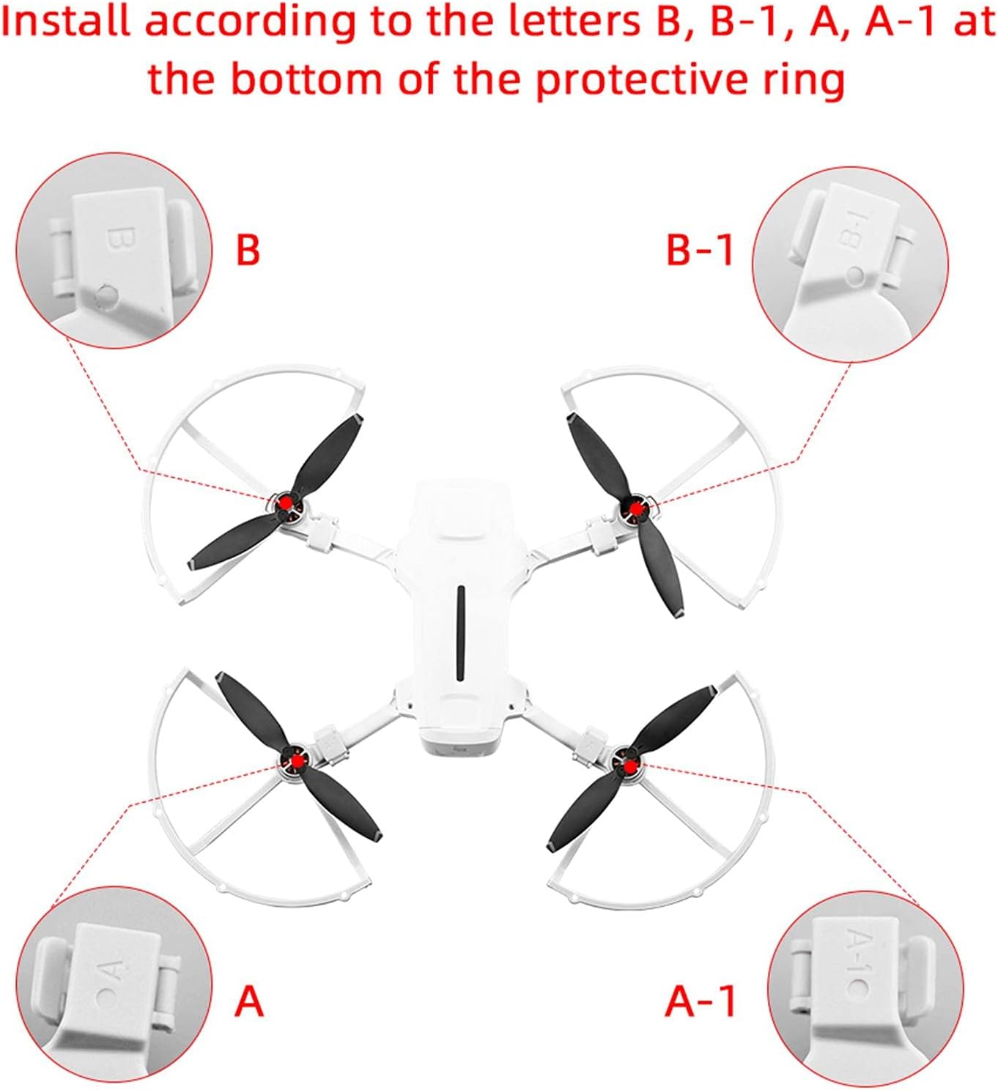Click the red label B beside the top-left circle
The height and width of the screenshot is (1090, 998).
click(248, 250)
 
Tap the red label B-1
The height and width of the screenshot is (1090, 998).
click(700, 250)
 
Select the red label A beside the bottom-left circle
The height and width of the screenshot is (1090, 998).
click(248, 1000)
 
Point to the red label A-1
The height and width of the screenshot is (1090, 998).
click(701, 1001)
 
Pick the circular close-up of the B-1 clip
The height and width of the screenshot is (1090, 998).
click(850, 262)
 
